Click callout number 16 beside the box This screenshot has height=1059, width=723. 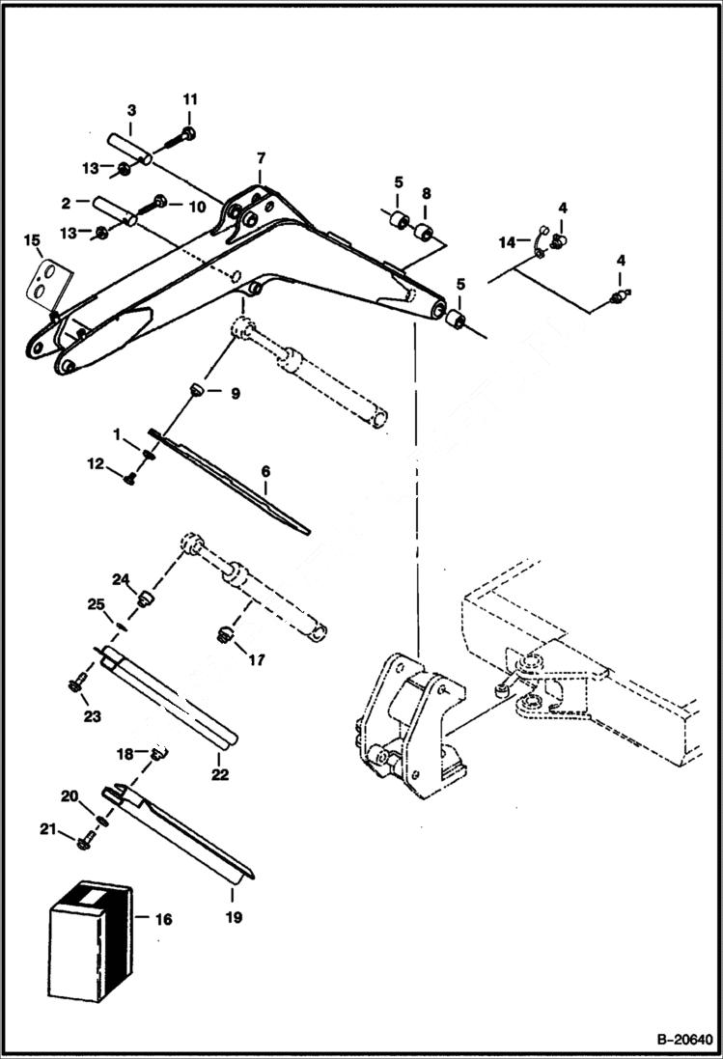coord(163,919)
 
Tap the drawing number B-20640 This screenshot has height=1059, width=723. coord(686,1040)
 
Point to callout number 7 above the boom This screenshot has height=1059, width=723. coord(261,158)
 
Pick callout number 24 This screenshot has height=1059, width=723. coord(120,579)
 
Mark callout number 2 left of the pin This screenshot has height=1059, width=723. coord(65,203)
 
